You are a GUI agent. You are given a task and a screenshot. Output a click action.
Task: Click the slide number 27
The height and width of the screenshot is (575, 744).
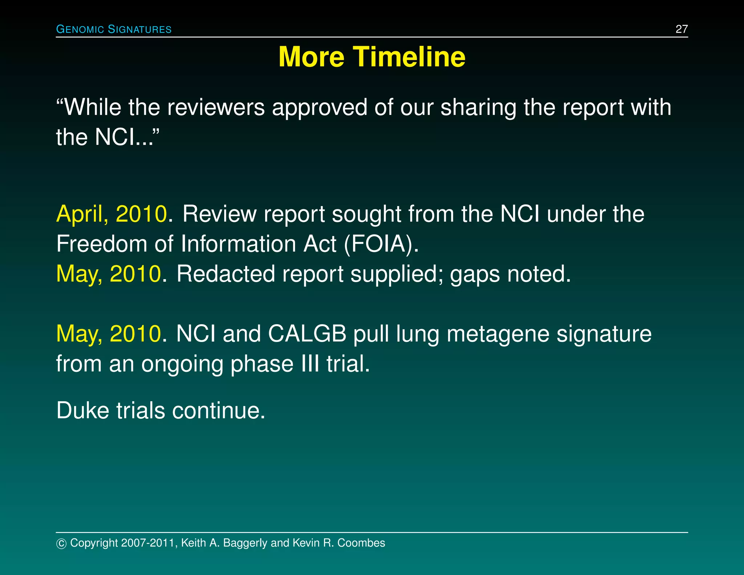[681, 29]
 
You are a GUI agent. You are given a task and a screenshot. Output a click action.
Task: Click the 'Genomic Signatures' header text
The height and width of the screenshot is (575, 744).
[114, 29]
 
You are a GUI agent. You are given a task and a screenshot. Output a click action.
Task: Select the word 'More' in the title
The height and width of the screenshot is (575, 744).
[311, 57]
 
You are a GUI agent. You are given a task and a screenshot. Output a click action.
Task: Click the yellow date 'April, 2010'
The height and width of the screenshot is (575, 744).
[112, 214]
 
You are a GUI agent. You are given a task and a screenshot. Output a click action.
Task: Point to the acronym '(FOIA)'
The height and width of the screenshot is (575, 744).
[381, 244]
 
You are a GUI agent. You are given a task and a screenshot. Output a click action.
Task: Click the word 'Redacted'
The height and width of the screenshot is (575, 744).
[226, 274]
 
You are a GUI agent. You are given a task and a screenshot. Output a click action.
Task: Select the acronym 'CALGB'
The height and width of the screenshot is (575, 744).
[307, 334]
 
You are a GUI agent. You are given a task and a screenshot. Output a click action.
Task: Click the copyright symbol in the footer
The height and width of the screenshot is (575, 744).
[61, 543]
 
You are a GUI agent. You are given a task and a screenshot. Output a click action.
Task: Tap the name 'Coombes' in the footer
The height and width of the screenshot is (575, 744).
[361, 543]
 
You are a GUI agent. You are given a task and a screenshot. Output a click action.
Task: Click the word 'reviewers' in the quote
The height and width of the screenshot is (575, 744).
[216, 108]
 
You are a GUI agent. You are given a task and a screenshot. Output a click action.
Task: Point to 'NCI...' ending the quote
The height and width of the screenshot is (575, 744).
[127, 137]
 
